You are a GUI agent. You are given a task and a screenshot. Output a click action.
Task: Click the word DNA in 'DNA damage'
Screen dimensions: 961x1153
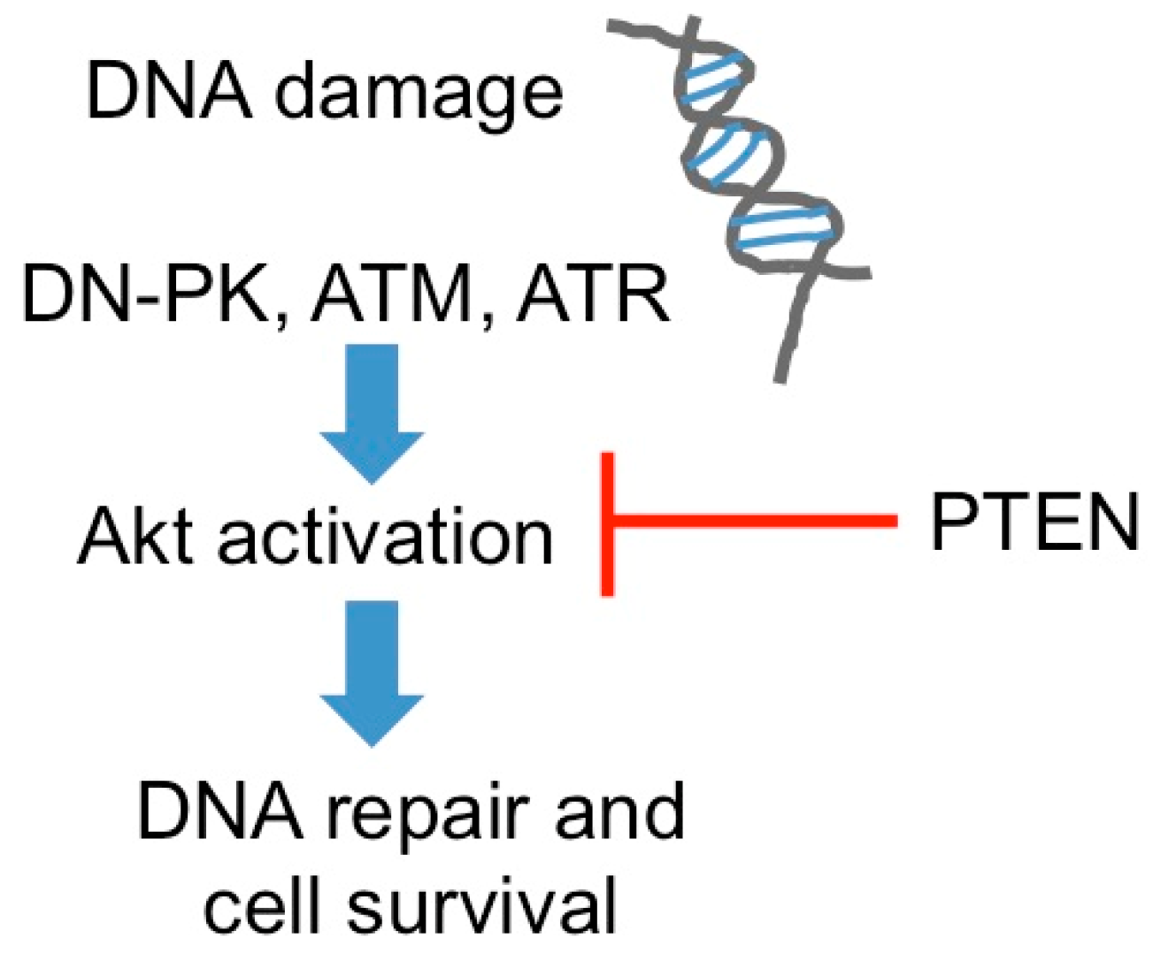pos(168,91)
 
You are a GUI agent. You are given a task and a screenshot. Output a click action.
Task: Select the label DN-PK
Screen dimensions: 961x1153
pos(145,294)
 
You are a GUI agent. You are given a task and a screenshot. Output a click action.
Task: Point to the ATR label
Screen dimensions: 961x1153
pos(593,294)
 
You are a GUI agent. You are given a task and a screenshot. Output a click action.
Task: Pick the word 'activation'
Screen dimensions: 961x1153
pos(385,537)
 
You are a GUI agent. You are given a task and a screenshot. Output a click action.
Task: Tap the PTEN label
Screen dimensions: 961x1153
pos(1034,522)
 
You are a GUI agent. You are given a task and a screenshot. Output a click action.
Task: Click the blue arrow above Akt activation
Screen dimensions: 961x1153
pos(372,411)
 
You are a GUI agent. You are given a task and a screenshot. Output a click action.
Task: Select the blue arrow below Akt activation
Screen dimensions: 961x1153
pos(372,672)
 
